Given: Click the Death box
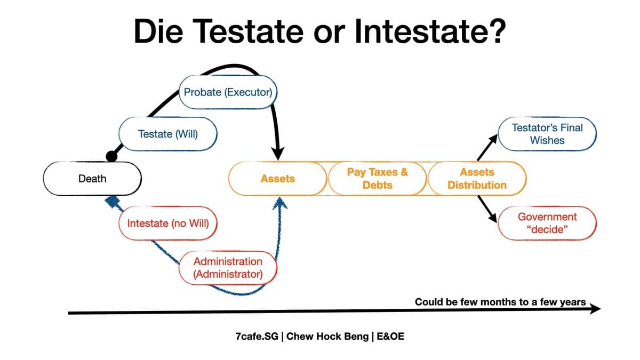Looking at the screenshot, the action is (92, 179).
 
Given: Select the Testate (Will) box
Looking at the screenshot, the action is (168, 134).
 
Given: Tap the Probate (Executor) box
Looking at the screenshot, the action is (228, 92).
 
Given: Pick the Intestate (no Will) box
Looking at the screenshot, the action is (168, 223).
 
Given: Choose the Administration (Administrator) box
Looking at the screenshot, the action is (228, 268).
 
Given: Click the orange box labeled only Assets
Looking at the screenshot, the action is (278, 179).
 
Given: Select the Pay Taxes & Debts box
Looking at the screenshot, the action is (378, 179).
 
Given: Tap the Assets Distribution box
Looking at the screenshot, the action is (477, 179).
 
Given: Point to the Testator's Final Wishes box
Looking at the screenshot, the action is (547, 134).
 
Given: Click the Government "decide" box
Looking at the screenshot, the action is (547, 223).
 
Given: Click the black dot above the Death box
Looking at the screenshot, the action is (111, 156).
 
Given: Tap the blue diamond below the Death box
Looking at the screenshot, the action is (113, 202).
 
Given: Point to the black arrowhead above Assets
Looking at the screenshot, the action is (278, 154).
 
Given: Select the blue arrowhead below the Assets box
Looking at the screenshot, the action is (280, 203).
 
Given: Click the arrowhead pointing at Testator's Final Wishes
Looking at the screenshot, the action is (494, 139).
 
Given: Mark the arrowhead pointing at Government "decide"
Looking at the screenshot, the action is (493, 218).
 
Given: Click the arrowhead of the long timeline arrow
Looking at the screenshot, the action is (595, 309).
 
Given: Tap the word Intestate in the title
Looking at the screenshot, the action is (430, 31).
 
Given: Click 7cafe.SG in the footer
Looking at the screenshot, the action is (257, 337).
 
